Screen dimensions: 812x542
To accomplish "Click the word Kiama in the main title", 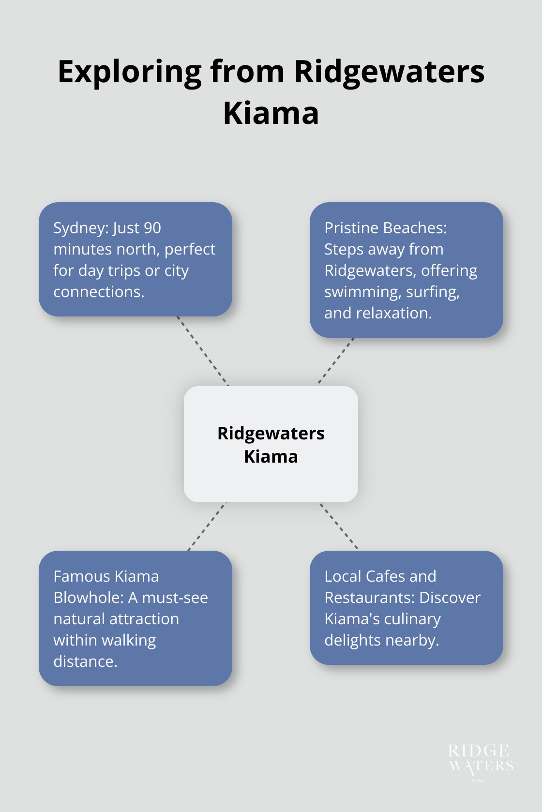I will coord(271,114).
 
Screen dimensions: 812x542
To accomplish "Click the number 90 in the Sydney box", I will coord(152,228).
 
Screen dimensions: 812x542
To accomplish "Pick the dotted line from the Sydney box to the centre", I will coord(203,351).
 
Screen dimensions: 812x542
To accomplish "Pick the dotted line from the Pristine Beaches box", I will coord(335,361).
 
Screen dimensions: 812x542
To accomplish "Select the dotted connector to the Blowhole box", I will coord(207,526).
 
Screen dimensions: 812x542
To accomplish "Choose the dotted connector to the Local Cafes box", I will coord(339,526).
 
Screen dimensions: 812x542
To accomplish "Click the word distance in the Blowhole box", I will coord(85,662).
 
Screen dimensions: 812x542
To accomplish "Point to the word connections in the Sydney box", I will coord(99,292).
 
